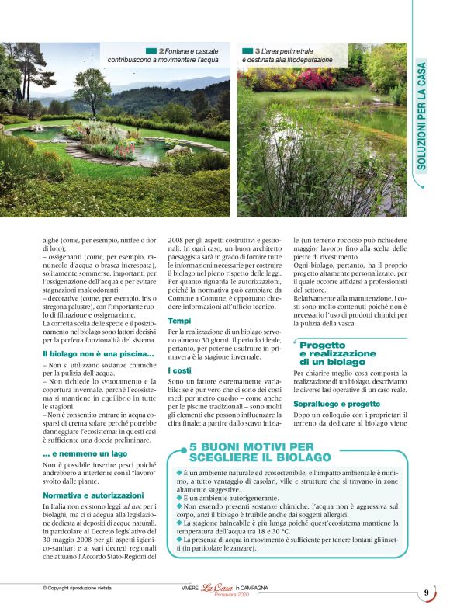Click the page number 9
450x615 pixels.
(x=426, y=594)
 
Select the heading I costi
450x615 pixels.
(x=179, y=371)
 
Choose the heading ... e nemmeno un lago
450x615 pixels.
(x=79, y=453)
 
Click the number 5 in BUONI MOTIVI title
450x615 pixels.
(x=194, y=446)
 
